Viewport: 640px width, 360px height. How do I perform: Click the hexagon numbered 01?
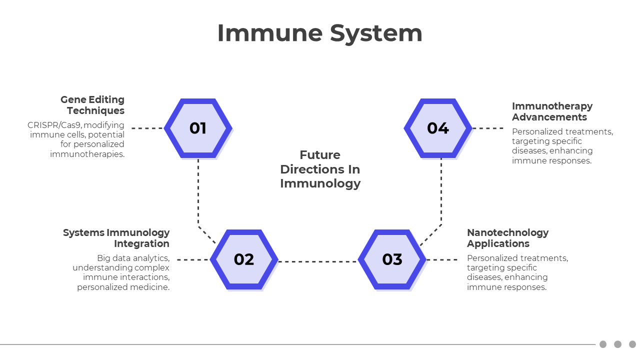(x=198, y=128)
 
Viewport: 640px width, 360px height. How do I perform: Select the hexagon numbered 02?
(x=244, y=259)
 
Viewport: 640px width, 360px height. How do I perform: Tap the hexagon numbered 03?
(x=392, y=259)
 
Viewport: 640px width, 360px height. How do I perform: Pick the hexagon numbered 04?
(x=437, y=128)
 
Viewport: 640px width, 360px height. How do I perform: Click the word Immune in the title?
(x=268, y=33)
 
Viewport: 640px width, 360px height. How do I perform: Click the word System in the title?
(x=376, y=33)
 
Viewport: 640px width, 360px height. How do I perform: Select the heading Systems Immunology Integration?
(x=116, y=238)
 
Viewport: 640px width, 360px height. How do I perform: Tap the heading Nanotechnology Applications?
(x=507, y=238)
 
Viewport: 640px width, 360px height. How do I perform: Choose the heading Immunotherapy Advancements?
(x=552, y=111)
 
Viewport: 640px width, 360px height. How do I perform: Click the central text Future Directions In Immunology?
(x=320, y=169)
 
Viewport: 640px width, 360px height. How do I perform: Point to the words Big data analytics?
(x=133, y=258)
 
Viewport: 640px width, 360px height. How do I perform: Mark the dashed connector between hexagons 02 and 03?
(x=318, y=261)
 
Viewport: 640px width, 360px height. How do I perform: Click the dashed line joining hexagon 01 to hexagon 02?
(x=198, y=195)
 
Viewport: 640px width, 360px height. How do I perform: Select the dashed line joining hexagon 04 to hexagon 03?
(x=441, y=195)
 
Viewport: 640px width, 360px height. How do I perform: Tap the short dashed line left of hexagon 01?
(x=147, y=128)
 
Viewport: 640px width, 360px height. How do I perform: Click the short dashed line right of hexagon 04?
(x=488, y=128)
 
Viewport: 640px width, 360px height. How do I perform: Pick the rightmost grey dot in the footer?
(x=632, y=344)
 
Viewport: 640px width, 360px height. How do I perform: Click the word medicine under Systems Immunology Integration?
(x=151, y=287)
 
